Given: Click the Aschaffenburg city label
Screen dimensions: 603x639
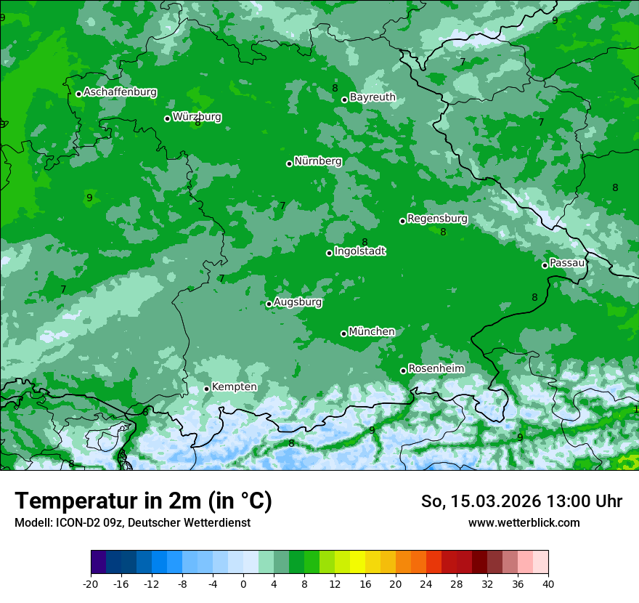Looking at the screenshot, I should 120,92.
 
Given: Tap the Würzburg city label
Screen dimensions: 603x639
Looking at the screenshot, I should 197,117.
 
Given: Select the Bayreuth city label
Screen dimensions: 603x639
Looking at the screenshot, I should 373,97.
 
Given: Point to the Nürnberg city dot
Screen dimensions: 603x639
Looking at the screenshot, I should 289,163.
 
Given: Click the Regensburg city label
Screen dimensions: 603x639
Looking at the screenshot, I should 437,219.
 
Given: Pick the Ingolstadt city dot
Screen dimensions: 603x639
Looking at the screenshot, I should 329,253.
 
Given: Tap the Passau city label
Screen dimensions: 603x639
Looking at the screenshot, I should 567,263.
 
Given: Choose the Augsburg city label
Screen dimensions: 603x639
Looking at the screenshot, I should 298,302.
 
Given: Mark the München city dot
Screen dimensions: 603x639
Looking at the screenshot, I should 343,333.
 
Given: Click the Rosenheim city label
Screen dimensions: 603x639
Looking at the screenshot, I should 436,369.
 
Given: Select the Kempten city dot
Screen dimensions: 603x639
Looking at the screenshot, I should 206,389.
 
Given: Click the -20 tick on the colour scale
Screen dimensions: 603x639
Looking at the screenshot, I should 91,583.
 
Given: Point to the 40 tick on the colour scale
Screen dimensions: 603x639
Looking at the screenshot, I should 548,583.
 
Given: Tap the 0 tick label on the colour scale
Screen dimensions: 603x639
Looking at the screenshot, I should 243,583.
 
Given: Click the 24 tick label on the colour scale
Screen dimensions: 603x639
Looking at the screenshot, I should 426,583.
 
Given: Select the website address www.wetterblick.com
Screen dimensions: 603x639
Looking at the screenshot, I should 524,523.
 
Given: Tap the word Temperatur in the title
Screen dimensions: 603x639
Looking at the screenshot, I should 76,501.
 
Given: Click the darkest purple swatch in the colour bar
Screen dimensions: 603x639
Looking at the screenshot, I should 98,562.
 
